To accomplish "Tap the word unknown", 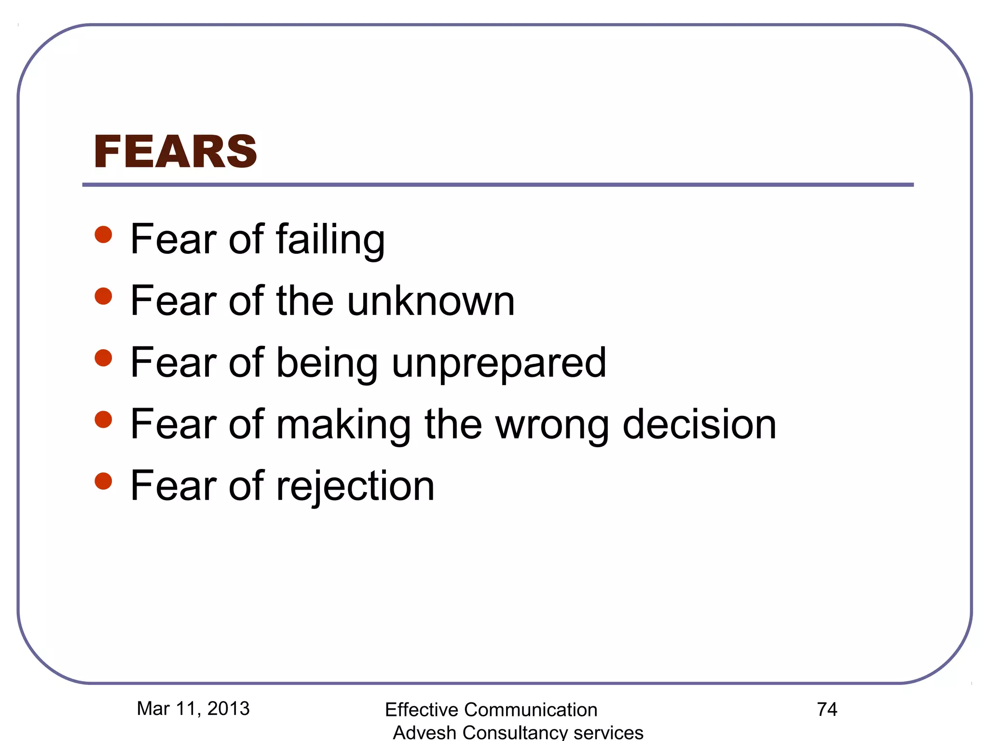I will click(431, 301).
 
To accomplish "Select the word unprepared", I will click(499, 363).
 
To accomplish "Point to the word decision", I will click(700, 424).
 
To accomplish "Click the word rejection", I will click(355, 486).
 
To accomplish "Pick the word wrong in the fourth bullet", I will click(552, 425).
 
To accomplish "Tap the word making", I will click(343, 424).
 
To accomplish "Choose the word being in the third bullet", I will click(327, 363).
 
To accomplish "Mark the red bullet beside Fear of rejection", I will click(103, 481).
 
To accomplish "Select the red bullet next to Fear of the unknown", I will click(103, 296).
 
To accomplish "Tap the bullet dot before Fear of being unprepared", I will click(103, 358).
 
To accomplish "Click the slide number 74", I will click(827, 709).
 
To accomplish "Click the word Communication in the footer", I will click(531, 710).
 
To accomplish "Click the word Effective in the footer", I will click(422, 710).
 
